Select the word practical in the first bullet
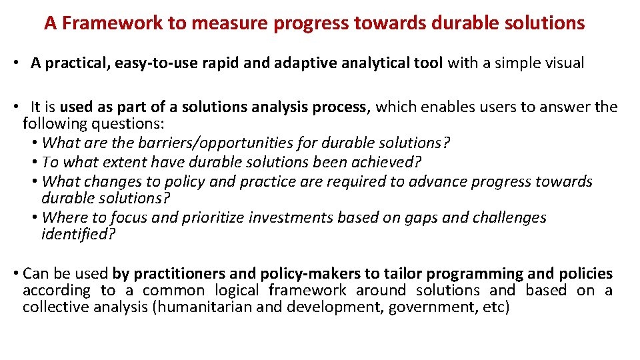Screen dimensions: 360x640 pos(75,63)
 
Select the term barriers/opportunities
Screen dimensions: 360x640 pos(206,143)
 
